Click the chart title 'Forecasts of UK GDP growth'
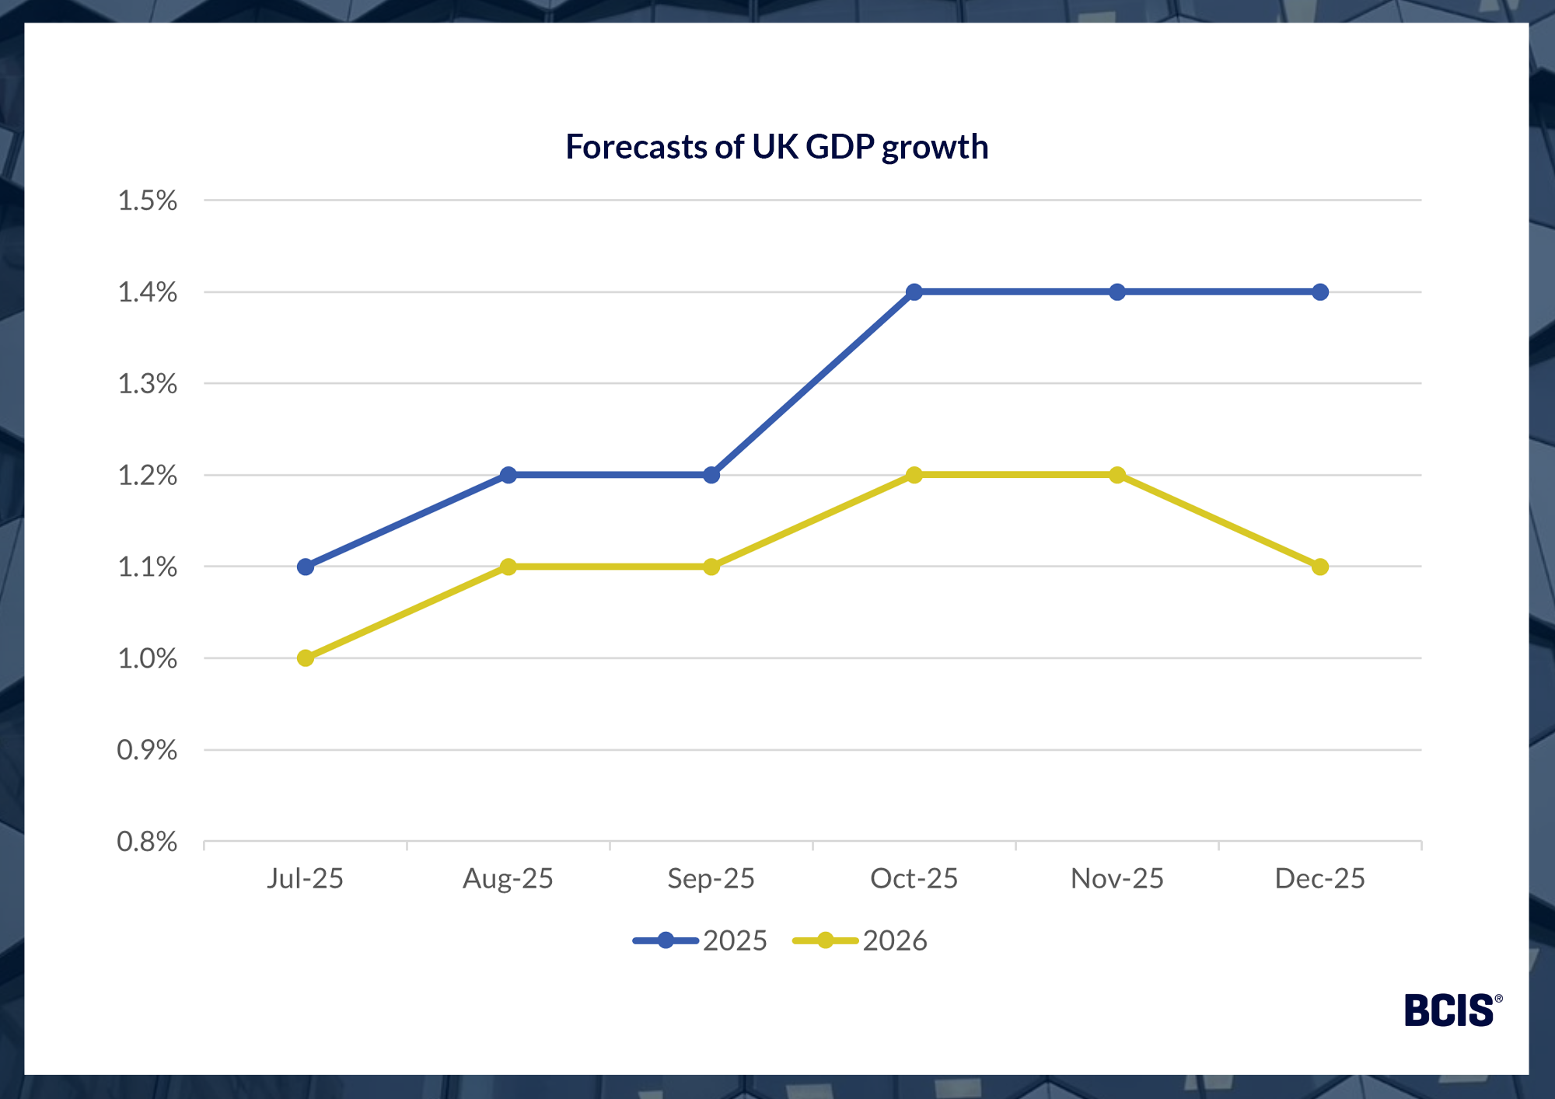pyautogui.click(x=777, y=147)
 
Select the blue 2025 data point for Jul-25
pyautogui.click(x=306, y=567)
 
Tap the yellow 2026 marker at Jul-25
pyautogui.click(x=306, y=658)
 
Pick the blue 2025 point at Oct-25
pyautogui.click(x=914, y=292)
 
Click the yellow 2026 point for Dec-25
pyautogui.click(x=1320, y=567)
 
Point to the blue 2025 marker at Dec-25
pyautogui.click(x=1320, y=292)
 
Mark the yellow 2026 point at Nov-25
pyautogui.click(x=1117, y=475)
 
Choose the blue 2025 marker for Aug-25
pyautogui.click(x=508, y=475)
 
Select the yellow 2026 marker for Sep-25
pyautogui.click(x=711, y=567)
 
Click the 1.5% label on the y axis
pyautogui.click(x=147, y=201)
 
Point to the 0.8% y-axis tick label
pyautogui.click(x=147, y=842)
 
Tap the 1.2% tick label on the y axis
pyautogui.click(x=147, y=475)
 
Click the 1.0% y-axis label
pyautogui.click(x=147, y=658)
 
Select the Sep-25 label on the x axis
pyautogui.click(x=711, y=878)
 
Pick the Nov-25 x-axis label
pyautogui.click(x=1117, y=878)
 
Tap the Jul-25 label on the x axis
pyautogui.click(x=306, y=878)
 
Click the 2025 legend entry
pyautogui.click(x=701, y=940)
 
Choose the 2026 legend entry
pyautogui.click(x=861, y=940)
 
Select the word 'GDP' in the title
pyautogui.click(x=840, y=147)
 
